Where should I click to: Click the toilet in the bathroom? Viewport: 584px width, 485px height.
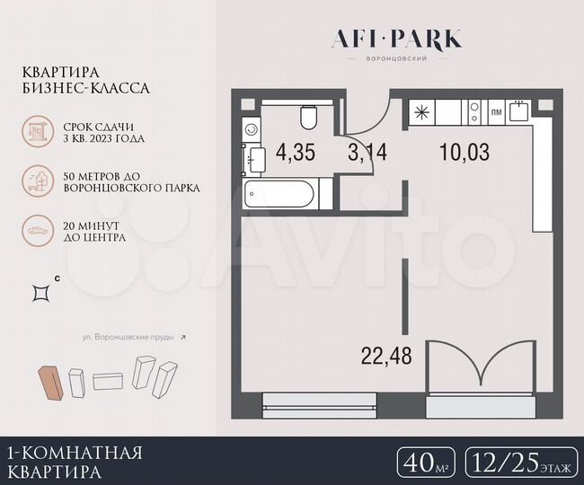coord(308,118)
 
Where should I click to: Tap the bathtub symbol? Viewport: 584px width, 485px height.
coord(279,192)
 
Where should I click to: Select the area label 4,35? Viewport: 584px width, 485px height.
coord(296,153)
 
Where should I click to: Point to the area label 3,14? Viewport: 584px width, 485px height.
coord(367,152)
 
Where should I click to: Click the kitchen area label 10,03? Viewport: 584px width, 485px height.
coord(465,152)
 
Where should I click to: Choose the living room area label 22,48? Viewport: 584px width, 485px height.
coord(386,357)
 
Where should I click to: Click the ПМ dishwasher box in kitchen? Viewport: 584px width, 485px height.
coord(496,112)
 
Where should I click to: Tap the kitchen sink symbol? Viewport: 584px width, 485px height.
coord(518,111)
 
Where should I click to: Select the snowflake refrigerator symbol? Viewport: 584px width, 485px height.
coord(420,113)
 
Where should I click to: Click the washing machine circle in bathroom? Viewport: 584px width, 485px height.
coord(252,129)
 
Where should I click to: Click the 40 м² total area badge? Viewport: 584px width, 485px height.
coord(424,464)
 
